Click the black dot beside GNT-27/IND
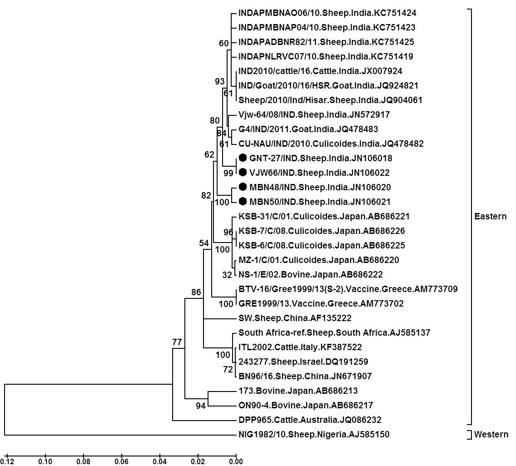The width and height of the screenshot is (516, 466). click(243, 158)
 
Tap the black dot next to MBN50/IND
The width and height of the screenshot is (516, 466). click(243, 201)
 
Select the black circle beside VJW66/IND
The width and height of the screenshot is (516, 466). click(243, 173)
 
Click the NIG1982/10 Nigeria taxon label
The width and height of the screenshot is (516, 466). click(314, 435)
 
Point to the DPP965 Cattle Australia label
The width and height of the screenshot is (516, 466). click(310, 420)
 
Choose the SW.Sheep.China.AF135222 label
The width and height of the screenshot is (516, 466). click(295, 318)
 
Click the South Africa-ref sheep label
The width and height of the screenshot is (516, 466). click(334, 333)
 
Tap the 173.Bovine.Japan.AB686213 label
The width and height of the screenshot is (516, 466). click(298, 391)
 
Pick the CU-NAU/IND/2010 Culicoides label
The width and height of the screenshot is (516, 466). click(331, 144)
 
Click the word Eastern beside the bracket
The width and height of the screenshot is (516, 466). click(491, 216)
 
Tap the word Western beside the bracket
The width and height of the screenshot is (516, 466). click(491, 435)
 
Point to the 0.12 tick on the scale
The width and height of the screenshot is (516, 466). click(6, 461)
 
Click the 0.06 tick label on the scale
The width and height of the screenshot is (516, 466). click(121, 461)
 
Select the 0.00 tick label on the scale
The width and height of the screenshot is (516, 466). click(236, 461)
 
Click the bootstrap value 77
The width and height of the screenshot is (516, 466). click(177, 342)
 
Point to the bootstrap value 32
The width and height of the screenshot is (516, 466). click(227, 274)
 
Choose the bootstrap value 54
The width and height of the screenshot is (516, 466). click(204, 243)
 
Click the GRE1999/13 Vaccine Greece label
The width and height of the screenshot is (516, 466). click(321, 304)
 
